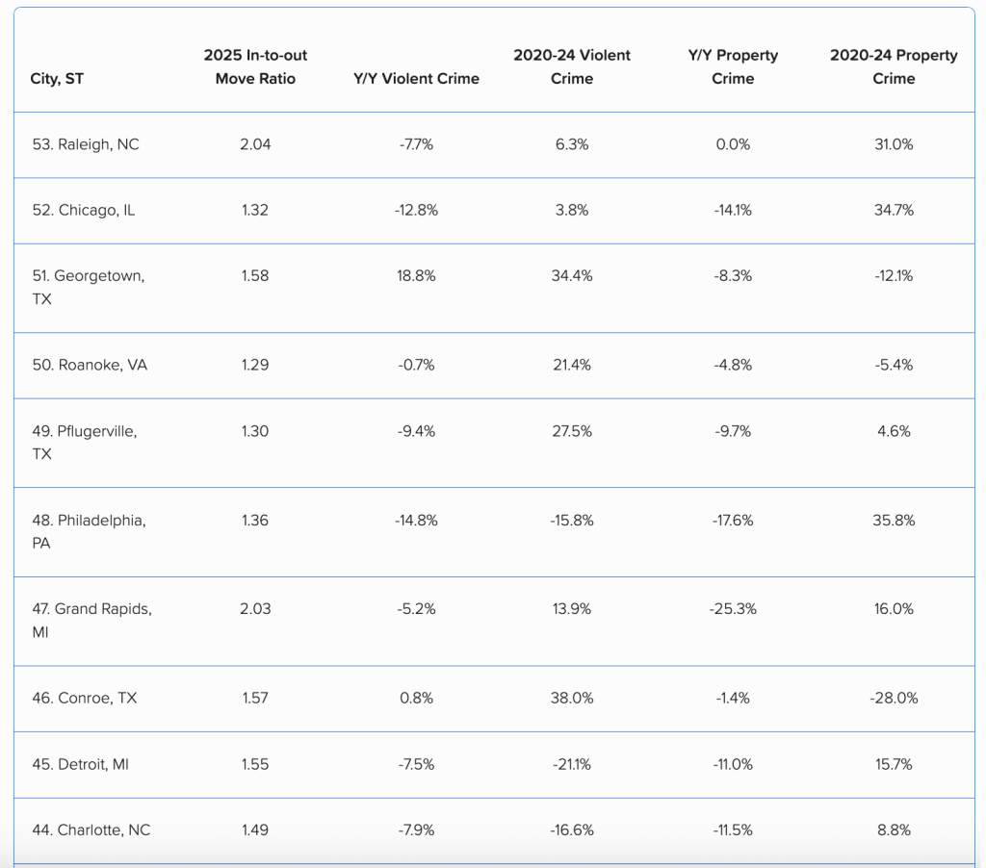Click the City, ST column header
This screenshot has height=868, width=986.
point(57,79)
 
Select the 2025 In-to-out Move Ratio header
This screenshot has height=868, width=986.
point(255,67)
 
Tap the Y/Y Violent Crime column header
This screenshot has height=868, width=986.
point(416,79)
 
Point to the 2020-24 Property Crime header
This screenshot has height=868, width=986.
point(894,67)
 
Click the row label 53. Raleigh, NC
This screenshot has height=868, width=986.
point(86,144)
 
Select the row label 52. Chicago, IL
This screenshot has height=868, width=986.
point(84,210)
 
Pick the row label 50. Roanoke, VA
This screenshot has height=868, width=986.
point(90,365)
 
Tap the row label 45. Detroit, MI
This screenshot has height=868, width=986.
point(81,764)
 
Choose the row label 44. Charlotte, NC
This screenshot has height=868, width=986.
point(91,830)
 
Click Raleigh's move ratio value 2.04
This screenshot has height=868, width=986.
point(255,144)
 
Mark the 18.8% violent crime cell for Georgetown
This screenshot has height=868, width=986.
point(416,275)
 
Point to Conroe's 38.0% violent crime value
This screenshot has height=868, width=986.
point(572,698)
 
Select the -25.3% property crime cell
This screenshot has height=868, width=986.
point(733,609)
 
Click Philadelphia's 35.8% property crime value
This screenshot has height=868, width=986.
point(894,521)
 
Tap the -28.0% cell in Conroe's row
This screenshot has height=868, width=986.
point(894,698)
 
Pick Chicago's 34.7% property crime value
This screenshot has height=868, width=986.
point(894,210)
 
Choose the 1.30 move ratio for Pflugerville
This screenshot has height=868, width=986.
point(255,431)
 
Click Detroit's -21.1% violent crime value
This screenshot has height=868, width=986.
point(572,764)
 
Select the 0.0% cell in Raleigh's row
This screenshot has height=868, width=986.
point(733,144)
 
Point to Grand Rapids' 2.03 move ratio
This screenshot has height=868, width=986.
point(255,609)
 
